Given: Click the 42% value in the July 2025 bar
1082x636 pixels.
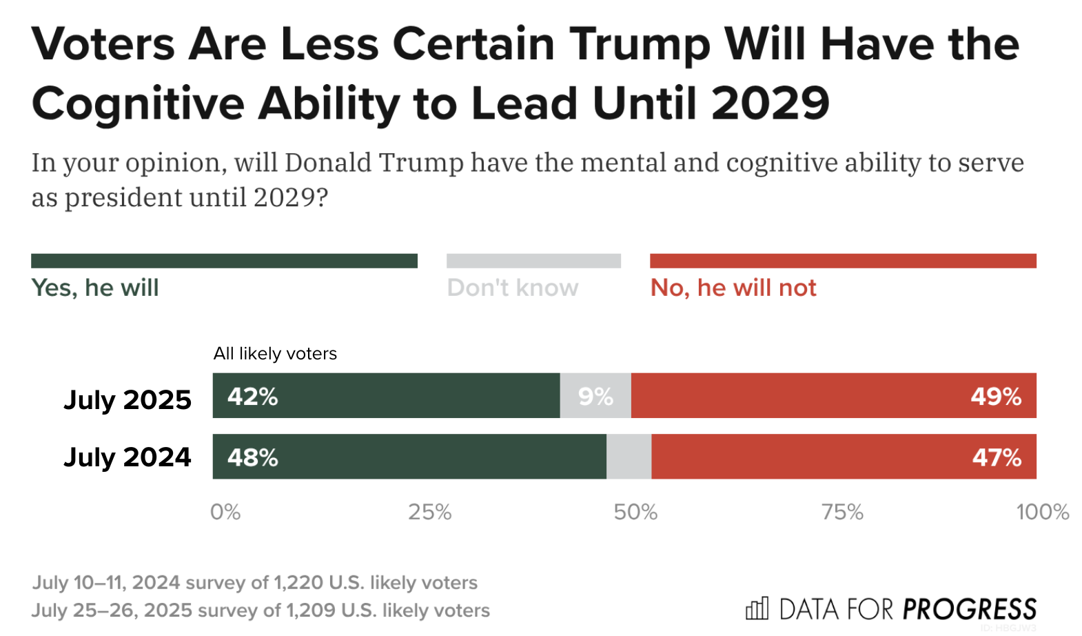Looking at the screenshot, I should [252, 397].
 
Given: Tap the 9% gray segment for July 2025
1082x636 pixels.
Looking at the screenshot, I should [595, 397].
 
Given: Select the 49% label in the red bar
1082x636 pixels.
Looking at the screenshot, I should [996, 397].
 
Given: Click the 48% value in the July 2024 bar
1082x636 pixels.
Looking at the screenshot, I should [252, 457].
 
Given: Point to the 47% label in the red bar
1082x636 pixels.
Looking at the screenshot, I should [997, 457].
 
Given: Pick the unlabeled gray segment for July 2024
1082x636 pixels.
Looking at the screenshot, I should [629, 457].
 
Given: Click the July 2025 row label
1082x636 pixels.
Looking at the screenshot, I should [127, 400].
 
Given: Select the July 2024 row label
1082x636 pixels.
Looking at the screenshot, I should [127, 457].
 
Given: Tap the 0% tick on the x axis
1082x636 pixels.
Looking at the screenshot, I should [225, 512].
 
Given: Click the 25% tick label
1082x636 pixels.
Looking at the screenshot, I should [430, 512].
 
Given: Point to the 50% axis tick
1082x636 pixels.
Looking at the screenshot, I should [635, 512].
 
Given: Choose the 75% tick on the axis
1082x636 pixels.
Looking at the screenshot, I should [842, 512].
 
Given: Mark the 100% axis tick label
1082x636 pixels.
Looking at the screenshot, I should [1042, 512].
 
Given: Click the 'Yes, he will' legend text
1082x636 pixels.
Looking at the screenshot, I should [95, 288].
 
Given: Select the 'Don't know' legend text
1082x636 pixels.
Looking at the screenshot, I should [513, 288].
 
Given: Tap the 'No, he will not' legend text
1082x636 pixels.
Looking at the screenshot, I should [733, 288].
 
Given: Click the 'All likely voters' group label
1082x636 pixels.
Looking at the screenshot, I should [275, 354].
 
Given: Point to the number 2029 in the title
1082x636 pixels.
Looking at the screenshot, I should [770, 103].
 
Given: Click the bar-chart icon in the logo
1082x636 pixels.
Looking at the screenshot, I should [757, 608].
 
